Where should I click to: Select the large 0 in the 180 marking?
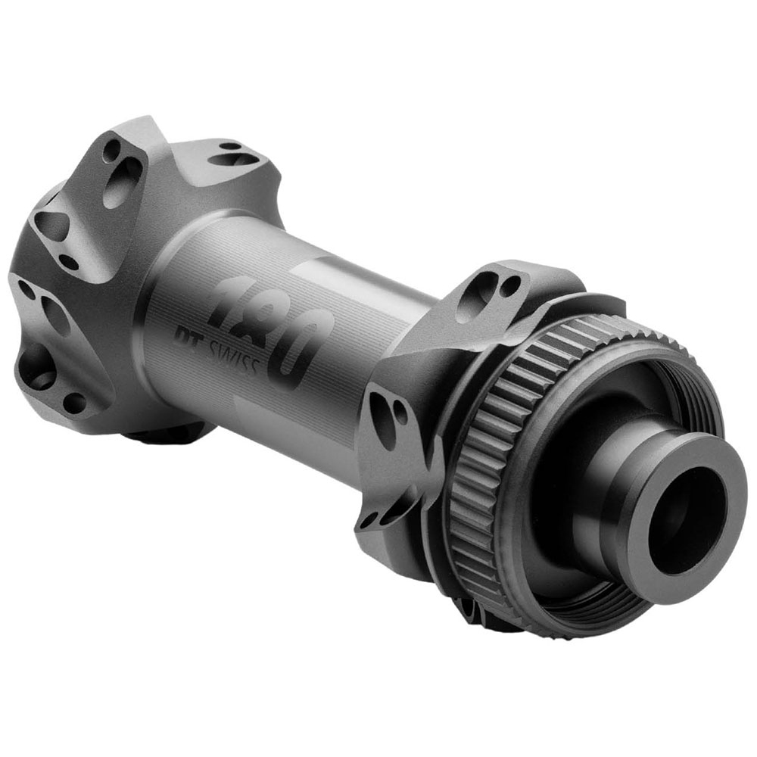pyautogui.click(x=304, y=347)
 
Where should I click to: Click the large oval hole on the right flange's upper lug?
pyautogui.click(x=470, y=298)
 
